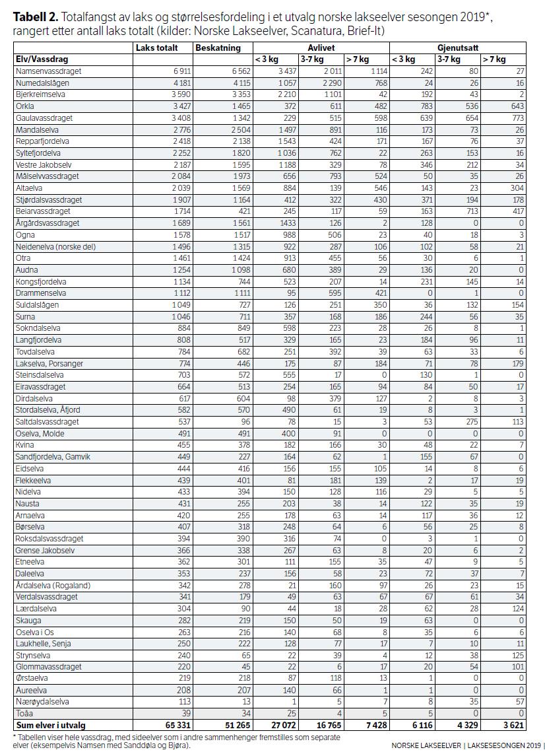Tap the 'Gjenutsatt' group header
coord(457,48)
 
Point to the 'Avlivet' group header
coord(321,48)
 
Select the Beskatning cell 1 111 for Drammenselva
coord(237,292)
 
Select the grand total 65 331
coord(175,725)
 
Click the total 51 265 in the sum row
coord(236,725)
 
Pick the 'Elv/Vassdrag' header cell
coord(42,59)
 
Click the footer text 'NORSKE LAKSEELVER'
coord(424,745)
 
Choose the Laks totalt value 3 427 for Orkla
coord(176,106)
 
